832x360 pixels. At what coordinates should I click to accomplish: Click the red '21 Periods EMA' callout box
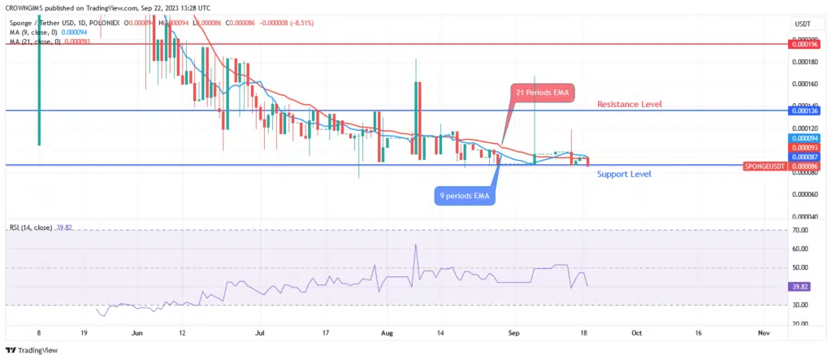click(542, 93)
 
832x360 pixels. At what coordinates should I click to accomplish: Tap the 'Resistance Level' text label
click(630, 104)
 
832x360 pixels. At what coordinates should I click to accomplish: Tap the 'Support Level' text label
click(624, 174)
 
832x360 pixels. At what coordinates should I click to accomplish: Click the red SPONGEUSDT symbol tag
click(764, 166)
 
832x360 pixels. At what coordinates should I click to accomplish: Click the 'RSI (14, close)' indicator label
click(32, 228)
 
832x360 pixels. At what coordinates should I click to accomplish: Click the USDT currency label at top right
click(802, 25)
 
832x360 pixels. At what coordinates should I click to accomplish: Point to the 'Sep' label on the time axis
click(513, 333)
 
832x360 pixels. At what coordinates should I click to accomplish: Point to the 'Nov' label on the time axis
click(762, 333)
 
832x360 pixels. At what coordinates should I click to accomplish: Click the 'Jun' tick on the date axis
click(137, 333)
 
